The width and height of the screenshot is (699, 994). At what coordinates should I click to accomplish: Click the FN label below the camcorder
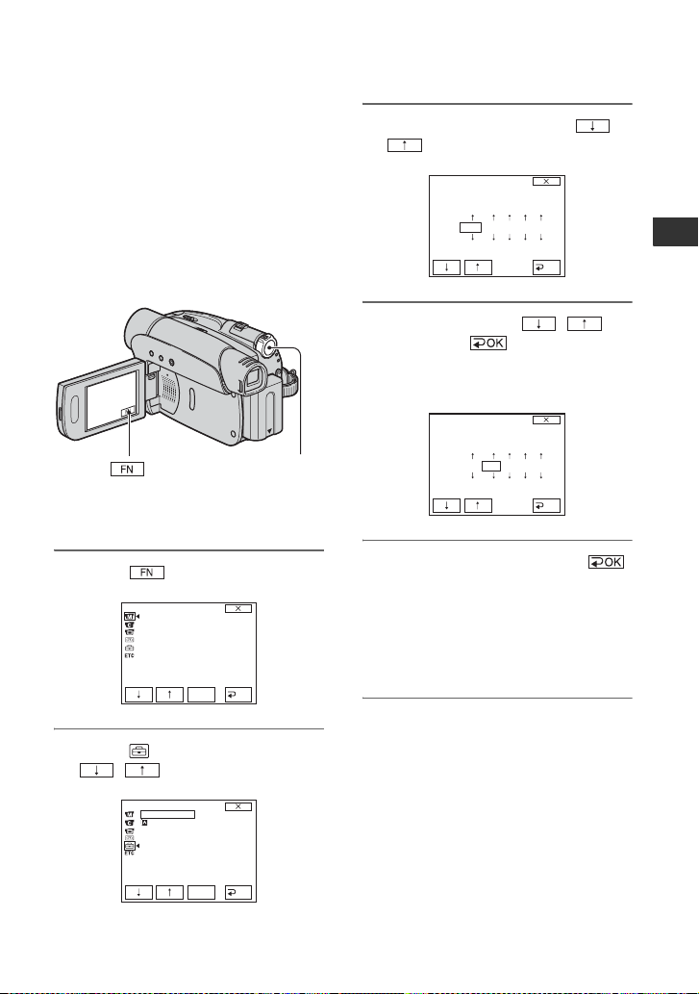(127, 470)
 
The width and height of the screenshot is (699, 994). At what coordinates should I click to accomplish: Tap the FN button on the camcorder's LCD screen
(128, 413)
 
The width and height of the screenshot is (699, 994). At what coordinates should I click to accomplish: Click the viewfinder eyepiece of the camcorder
(253, 378)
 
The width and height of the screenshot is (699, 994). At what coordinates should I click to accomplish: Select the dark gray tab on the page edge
(676, 231)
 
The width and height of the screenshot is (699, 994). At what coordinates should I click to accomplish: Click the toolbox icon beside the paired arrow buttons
(138, 752)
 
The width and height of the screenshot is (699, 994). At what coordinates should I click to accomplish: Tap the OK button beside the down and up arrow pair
(488, 343)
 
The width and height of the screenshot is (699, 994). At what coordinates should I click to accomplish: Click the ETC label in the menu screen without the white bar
(129, 655)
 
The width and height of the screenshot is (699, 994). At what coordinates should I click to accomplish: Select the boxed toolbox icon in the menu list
(129, 845)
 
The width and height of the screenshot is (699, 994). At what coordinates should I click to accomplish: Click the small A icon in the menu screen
(144, 823)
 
